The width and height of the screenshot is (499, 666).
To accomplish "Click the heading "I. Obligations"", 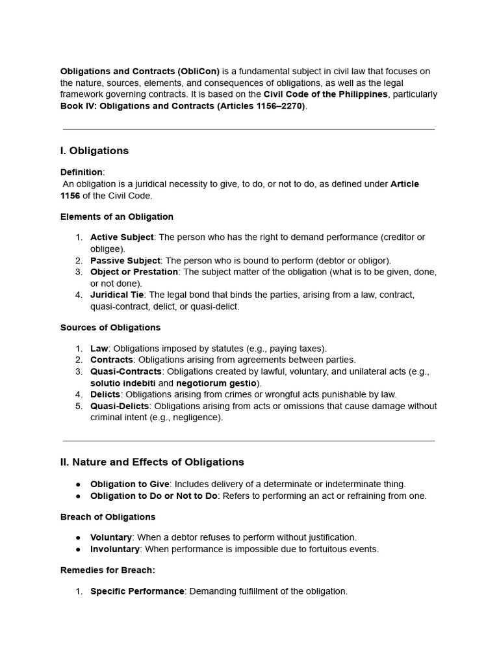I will click(x=94, y=151).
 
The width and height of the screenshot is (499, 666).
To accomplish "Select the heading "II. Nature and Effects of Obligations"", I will click(x=152, y=462).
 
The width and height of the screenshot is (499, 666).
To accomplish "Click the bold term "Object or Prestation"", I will click(x=134, y=272).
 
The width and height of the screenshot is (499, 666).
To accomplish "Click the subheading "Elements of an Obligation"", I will click(x=117, y=217).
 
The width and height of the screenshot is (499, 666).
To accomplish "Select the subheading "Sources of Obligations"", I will click(x=110, y=328).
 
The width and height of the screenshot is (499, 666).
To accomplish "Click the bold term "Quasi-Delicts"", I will click(x=120, y=406).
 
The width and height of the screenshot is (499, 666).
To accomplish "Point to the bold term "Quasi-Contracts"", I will click(x=126, y=372).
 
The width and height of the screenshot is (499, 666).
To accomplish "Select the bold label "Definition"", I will click(x=81, y=172).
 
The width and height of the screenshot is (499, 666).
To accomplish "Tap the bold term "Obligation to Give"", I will click(x=129, y=485).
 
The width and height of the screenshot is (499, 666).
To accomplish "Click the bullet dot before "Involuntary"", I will click(x=78, y=550).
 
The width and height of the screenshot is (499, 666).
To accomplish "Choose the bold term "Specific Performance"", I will click(x=137, y=592).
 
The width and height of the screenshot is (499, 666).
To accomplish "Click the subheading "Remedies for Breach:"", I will click(x=108, y=570).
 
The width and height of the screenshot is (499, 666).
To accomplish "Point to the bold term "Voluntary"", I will click(x=111, y=538).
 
